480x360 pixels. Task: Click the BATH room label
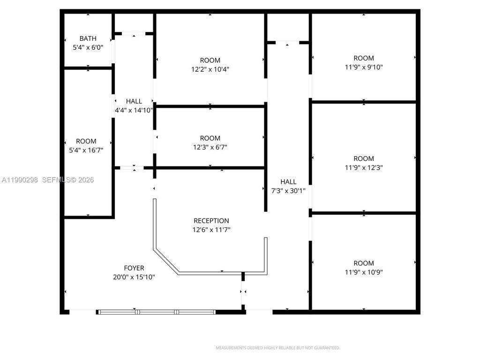(88, 38)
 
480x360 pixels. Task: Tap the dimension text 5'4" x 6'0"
(88, 47)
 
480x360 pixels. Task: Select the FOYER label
(134, 268)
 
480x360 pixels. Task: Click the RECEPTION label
(211, 221)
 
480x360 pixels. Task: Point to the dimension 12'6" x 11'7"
(211, 230)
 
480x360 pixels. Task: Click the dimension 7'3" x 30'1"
(288, 191)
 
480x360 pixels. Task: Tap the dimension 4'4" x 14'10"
(134, 110)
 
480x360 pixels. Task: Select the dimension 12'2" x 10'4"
(210, 69)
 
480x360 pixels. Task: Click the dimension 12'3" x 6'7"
(210, 147)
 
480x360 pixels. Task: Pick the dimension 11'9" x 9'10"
(363, 67)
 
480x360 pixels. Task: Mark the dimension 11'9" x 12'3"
(363, 167)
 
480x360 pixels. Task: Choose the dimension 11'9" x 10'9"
(363, 272)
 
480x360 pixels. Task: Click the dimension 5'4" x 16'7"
(86, 150)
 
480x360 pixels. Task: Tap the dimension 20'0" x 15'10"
(134, 277)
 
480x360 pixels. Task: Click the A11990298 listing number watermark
(20, 180)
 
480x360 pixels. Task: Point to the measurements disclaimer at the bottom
(277, 348)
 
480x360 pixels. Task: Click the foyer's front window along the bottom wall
(156, 311)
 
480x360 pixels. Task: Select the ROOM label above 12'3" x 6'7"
(210, 138)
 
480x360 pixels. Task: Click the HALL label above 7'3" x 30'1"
(288, 182)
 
